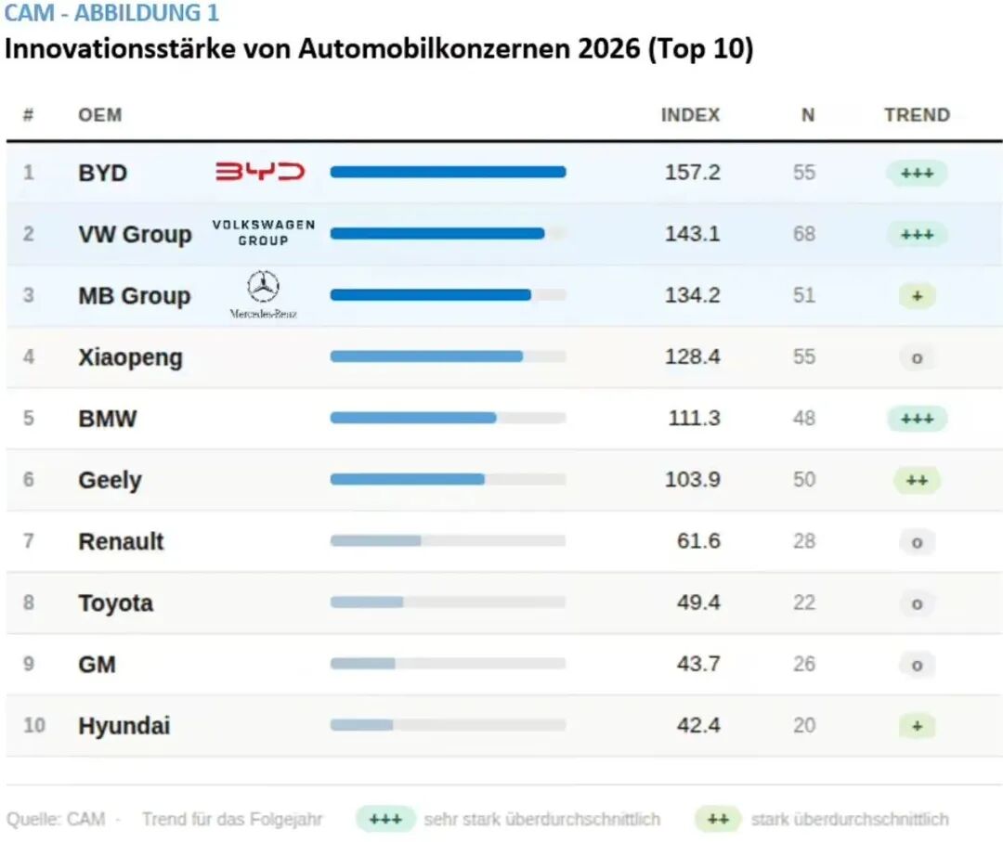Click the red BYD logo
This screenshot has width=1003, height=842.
(x=260, y=172)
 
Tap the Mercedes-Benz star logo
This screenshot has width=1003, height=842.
(x=263, y=287)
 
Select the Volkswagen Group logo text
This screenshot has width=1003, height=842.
(x=263, y=233)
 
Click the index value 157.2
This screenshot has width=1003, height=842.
(x=692, y=173)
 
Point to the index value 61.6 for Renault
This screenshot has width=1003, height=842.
(x=697, y=541)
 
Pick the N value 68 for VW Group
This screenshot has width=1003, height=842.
(x=804, y=234)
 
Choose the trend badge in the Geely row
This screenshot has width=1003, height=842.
(x=917, y=480)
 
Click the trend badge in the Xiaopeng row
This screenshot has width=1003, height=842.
(x=917, y=357)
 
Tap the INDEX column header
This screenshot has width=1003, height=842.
(x=690, y=115)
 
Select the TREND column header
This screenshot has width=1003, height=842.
(x=917, y=115)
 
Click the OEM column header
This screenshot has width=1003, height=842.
(x=99, y=115)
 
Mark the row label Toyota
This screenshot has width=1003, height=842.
(x=115, y=602)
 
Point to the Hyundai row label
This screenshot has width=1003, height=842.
(x=124, y=726)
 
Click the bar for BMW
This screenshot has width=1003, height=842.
(x=413, y=418)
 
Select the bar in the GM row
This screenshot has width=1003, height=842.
(x=363, y=664)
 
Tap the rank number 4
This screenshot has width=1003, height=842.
(x=29, y=356)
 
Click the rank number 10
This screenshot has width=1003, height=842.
(x=33, y=725)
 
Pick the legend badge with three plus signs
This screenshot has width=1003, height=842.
(x=385, y=820)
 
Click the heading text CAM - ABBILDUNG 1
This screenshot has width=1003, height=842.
(x=111, y=14)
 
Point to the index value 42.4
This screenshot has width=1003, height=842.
(x=697, y=725)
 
